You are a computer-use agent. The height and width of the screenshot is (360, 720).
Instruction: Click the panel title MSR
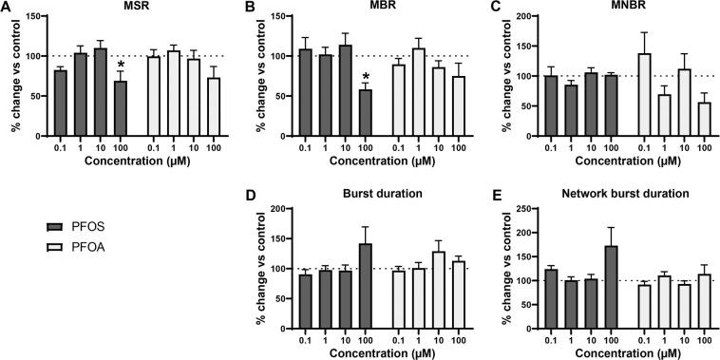pos(137,7)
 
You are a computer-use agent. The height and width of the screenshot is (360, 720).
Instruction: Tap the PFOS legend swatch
pos(56,226)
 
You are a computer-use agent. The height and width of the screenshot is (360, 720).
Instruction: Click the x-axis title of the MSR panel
pos(135,163)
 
